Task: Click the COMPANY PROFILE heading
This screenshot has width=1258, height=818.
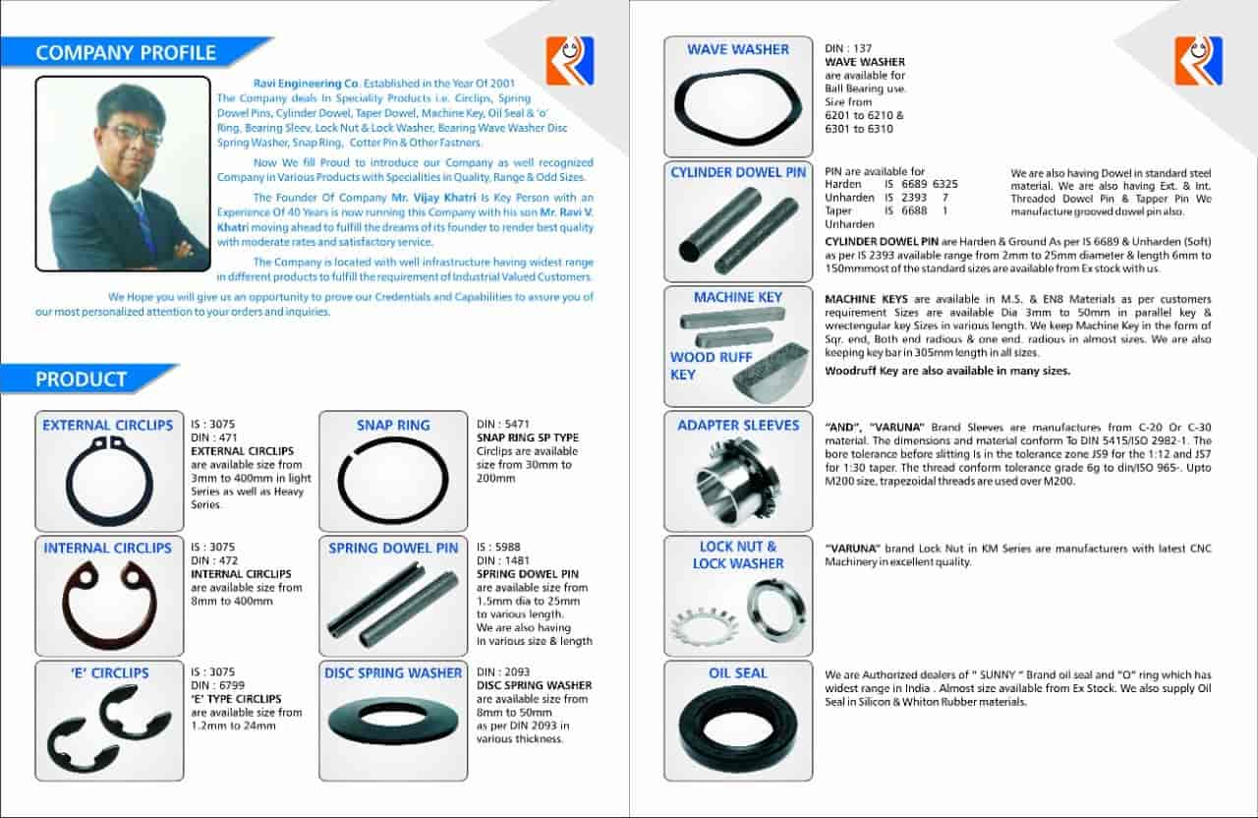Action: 125,52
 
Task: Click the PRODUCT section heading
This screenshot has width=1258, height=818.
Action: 82,380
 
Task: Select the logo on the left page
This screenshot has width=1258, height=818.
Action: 570,61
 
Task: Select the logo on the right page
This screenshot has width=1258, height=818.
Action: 1198,61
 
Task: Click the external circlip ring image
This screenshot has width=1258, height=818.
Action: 108,481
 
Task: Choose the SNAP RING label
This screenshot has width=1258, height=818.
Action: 393,426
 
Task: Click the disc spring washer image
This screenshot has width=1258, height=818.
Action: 393,721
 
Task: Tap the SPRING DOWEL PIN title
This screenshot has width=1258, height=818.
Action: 393,549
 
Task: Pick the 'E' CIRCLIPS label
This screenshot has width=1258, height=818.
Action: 109,673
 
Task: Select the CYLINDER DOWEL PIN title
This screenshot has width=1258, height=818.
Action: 738,173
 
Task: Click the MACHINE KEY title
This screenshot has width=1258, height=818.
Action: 737,297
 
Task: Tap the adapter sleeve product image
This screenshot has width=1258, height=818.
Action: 737,482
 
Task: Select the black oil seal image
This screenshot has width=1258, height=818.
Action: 737,730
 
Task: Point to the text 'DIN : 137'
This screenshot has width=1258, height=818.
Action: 847,48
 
